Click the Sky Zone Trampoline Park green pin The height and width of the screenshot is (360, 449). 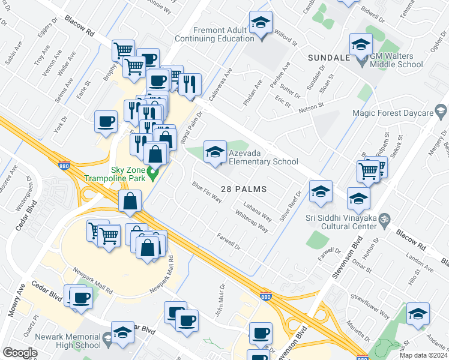click(x=152, y=176)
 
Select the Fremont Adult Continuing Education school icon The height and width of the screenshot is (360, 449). click(x=261, y=25)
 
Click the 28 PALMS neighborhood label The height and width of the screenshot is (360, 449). click(x=244, y=188)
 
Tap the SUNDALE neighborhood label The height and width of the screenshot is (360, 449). click(x=328, y=58)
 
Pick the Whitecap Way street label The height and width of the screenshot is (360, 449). click(x=251, y=220)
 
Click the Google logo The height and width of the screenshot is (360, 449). click(x=20, y=353)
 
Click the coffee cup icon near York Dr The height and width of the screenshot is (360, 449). click(x=106, y=122)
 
